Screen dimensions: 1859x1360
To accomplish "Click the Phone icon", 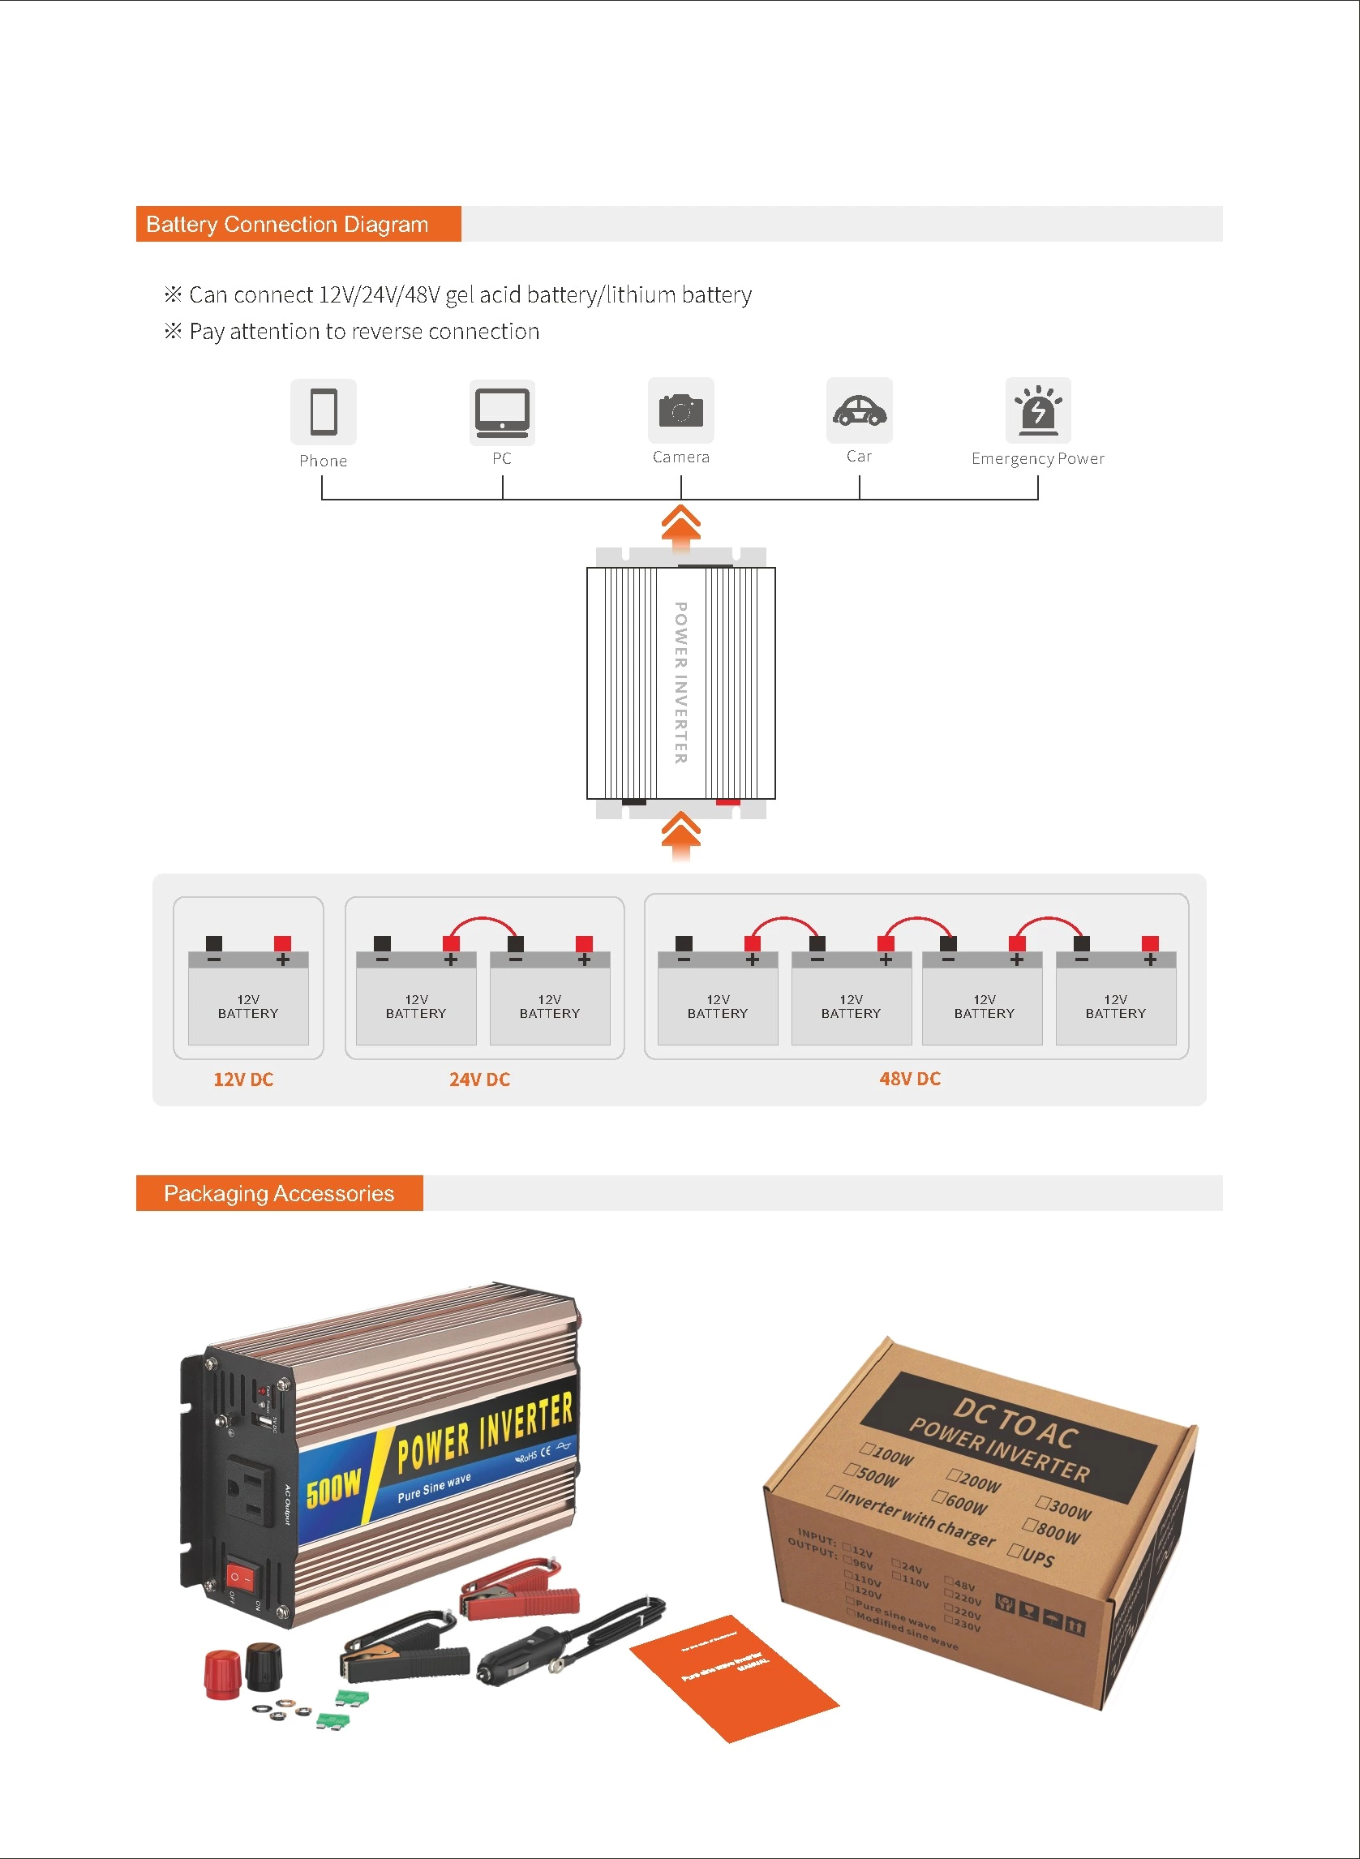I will click(x=323, y=411).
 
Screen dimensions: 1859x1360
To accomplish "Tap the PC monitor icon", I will click(x=501, y=411).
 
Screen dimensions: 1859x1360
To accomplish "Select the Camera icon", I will click(x=681, y=410).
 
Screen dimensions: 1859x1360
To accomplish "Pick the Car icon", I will click(x=860, y=410).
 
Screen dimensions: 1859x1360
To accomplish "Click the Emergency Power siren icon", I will click(x=1038, y=409).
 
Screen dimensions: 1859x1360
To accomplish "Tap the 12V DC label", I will click(x=242, y=1080).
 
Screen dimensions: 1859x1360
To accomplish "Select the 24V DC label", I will click(x=479, y=1080).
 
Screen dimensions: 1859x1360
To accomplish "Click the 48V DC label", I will click(x=910, y=1079).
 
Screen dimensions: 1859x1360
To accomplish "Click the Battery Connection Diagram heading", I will click(x=286, y=224).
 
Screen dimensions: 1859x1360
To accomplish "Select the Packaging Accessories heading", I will click(x=278, y=1193).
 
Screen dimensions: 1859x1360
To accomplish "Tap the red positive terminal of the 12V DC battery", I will click(x=282, y=943).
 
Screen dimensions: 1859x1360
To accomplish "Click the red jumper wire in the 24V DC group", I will click(x=483, y=921).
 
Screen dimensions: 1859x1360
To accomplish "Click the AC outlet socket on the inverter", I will click(x=251, y=1488).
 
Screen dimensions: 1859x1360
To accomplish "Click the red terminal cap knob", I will click(x=221, y=1673).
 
